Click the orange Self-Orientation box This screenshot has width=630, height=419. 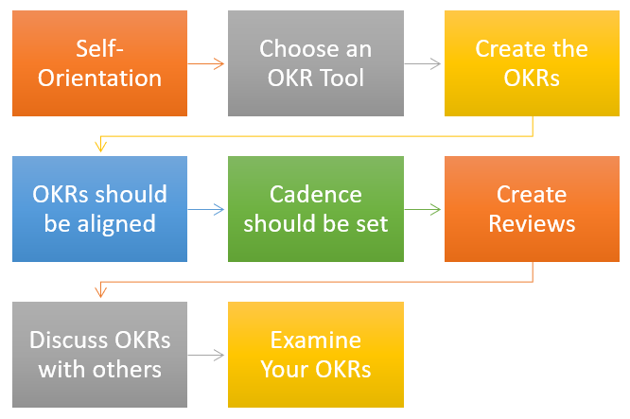coord(99,63)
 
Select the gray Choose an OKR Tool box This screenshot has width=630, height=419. coord(315,63)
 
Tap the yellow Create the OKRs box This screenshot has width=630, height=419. coord(531,63)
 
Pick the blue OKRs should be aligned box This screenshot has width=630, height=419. coord(99,209)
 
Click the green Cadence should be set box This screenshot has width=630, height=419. coord(315,209)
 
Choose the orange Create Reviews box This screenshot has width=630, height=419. coord(531,209)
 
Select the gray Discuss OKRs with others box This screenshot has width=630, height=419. coord(99,355)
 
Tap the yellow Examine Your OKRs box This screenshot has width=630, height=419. coord(315,355)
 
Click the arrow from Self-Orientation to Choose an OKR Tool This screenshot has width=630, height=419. coord(206,64)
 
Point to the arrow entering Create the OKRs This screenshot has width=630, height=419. coord(423,64)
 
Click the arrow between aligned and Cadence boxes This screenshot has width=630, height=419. coord(206,210)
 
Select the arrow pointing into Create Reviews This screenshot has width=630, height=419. coord(423,210)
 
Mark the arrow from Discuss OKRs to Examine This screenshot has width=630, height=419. coord(206,356)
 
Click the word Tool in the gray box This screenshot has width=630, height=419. coord(345,77)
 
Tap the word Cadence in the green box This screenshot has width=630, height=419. coord(315,195)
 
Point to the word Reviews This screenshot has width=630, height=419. coord(531,223)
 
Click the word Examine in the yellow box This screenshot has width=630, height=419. coord(315,340)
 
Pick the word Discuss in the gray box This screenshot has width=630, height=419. coord(66,340)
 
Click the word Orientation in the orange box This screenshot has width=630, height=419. coord(99,77)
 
